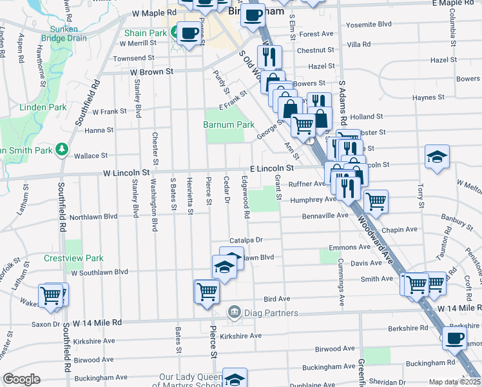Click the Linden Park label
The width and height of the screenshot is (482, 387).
click(x=43, y=106)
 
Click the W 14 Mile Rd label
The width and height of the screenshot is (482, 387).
click(x=97, y=322)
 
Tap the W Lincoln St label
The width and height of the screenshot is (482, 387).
click(x=126, y=173)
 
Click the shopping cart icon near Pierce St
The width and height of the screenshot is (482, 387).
click(x=207, y=291)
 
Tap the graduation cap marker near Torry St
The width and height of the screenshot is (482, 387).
click(x=437, y=157)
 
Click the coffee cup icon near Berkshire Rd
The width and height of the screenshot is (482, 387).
click(x=455, y=337)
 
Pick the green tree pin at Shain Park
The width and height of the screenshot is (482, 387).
click(x=175, y=33)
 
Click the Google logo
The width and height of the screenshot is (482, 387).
click(x=22, y=379)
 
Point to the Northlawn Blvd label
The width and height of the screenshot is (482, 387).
click(x=94, y=217)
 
